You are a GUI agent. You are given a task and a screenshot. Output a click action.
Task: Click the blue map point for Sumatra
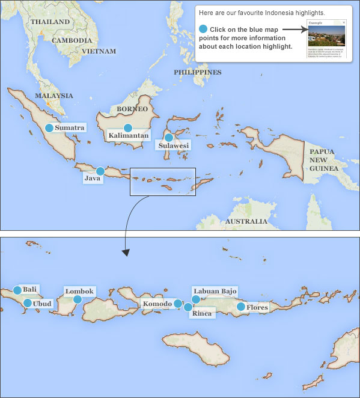coord(49,127)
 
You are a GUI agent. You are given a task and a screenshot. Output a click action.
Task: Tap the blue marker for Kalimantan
coord(127,127)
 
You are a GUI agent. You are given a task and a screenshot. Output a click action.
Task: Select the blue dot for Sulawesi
coord(169,137)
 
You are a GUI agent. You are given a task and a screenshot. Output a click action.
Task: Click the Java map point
coord(100,171)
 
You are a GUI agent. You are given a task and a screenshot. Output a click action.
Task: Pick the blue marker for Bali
coord(17,290)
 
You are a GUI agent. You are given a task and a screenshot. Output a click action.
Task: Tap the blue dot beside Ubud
coord(28,303)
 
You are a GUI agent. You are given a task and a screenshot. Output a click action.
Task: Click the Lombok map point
coord(78,299)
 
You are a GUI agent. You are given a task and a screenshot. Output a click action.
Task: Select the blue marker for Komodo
coord(178,304)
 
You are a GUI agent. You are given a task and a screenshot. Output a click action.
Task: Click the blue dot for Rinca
coord(188,307)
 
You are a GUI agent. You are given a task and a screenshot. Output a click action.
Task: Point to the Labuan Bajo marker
coord(195,299)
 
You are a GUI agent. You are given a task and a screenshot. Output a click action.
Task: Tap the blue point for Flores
coord(241,307)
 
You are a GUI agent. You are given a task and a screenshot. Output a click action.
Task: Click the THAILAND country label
coord(50,22)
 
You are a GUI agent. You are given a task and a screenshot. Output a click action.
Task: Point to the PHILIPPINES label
coord(198,72)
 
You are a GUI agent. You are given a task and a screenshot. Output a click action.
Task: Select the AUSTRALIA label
coord(245,221)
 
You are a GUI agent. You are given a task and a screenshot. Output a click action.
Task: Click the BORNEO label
coord(132,109)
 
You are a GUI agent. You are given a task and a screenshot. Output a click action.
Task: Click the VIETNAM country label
coord(99,52)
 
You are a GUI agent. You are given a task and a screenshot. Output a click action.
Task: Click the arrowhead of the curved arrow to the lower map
coord(125,252)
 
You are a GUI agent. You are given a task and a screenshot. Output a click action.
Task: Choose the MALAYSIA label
coord(54,96)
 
